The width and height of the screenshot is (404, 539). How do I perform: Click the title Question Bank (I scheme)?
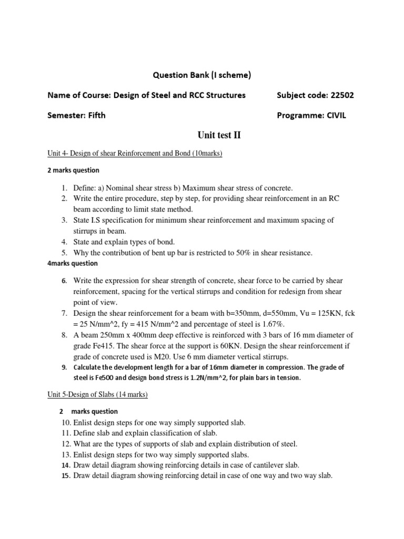(202, 75)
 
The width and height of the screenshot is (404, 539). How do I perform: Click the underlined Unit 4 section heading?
(135, 153)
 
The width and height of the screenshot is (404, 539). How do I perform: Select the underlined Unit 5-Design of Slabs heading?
(98, 394)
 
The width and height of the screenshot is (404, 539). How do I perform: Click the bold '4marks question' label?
(73, 263)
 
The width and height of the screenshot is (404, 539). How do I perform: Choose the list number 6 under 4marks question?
(64, 281)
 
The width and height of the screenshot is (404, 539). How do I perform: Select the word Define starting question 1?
(85, 188)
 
